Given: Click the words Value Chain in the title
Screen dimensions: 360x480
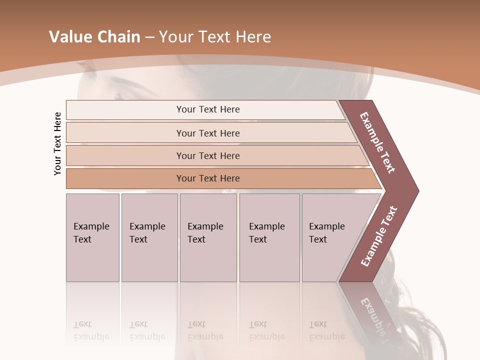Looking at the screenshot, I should (x=94, y=37).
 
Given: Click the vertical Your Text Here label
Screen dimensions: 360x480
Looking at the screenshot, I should (x=57, y=143).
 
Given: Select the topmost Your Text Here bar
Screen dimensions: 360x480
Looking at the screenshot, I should (x=207, y=109).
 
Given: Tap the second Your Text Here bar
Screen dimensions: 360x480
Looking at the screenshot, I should (x=207, y=133).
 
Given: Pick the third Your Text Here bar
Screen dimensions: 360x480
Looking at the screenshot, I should (x=207, y=155).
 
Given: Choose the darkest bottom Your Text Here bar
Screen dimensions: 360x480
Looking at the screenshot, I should (x=207, y=178).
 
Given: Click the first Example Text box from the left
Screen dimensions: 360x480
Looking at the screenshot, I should (x=92, y=237).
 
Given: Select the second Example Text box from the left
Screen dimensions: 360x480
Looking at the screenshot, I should (x=149, y=237).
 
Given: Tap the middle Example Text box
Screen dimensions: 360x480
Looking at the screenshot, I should (x=208, y=237).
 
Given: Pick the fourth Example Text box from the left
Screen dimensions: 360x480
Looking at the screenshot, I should (x=269, y=237).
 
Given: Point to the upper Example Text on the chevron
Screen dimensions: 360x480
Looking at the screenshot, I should (x=377, y=142).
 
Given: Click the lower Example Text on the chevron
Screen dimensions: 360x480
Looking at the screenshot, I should (x=378, y=236).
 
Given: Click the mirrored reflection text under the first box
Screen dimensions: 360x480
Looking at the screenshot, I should (x=91, y=330).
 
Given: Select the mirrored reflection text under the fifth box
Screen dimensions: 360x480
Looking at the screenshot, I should (x=327, y=330).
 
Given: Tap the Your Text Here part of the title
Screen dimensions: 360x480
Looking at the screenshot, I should (x=215, y=37).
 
